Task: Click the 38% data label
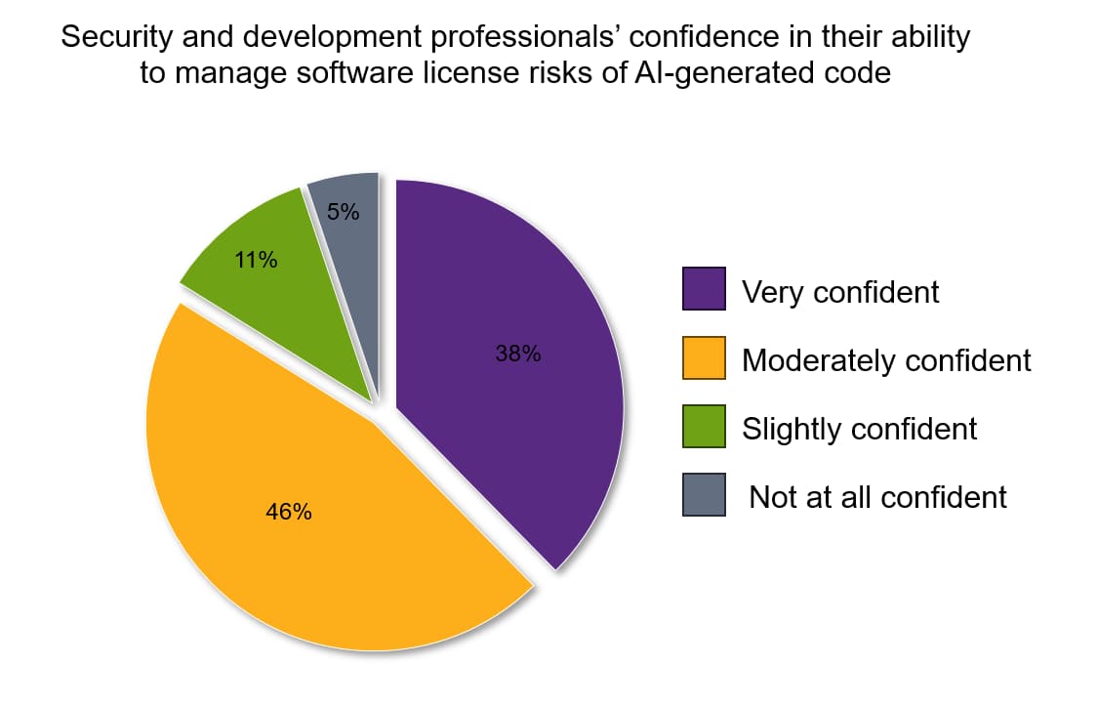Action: [517, 354]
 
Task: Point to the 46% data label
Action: [288, 512]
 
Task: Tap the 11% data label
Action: [256, 261]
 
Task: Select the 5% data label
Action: [343, 211]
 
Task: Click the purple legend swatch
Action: [704, 288]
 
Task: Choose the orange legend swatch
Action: [704, 357]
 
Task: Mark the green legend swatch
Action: [704, 426]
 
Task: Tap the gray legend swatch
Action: [704, 494]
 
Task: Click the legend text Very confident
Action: [840, 292]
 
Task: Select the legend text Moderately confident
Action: [886, 360]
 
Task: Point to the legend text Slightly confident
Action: [859, 429]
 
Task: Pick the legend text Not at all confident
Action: [877, 497]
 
